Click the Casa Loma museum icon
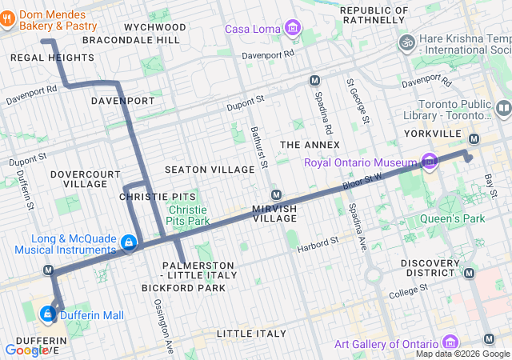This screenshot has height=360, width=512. [293, 30]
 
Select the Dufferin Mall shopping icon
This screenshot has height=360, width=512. [48, 315]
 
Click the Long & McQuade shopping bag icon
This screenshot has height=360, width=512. [127, 241]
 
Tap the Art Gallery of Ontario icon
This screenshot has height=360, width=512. [450, 343]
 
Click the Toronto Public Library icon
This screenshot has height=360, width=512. [503, 108]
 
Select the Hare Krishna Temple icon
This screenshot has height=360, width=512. [406, 41]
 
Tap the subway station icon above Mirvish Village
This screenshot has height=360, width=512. [276, 194]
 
